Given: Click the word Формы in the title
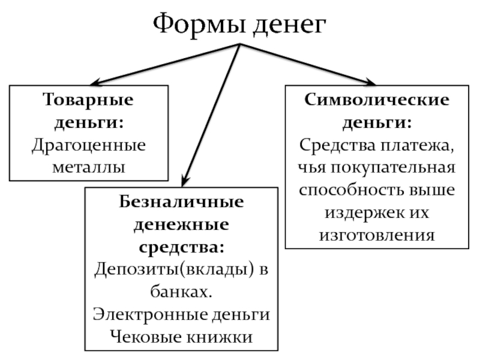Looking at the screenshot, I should (x=194, y=25).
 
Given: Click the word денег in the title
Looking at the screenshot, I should (x=289, y=25).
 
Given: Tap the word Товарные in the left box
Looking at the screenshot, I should (x=88, y=99).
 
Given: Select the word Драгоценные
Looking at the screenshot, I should (x=88, y=145).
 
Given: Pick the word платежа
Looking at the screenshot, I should (x=420, y=145).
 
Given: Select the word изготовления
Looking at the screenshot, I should (x=377, y=234).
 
